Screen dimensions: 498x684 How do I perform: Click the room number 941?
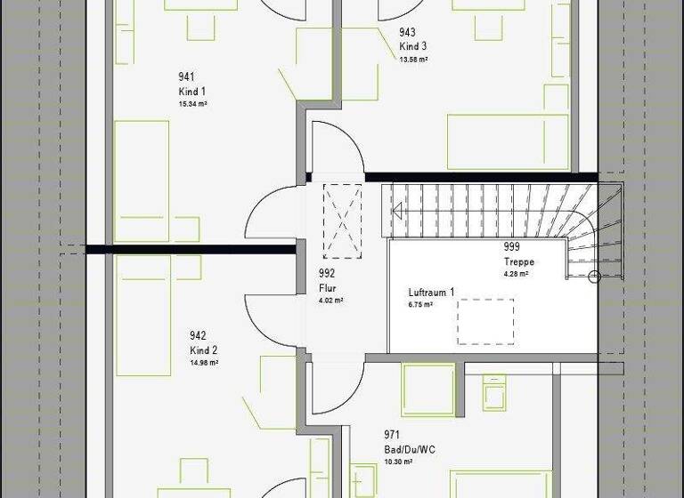click(187, 77)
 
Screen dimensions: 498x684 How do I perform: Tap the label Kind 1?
click(191, 91)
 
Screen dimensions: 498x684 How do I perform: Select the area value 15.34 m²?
click(193, 103)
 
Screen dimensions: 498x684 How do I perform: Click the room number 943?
click(407, 33)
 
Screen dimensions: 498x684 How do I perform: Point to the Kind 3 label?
click(413, 46)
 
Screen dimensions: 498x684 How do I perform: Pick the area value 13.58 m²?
click(413, 59)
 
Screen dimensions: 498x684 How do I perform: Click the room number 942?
click(198, 336)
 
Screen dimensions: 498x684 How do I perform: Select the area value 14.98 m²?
click(204, 363)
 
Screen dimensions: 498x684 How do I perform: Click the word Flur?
click(327, 288)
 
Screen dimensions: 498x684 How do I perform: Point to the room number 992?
click(327, 274)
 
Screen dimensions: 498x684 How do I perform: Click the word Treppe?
click(517, 262)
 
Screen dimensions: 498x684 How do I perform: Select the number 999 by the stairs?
click(511, 247)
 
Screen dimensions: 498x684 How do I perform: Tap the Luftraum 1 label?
click(431, 293)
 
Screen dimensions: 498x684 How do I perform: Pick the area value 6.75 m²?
click(420, 305)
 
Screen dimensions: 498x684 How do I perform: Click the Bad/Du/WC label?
click(409, 449)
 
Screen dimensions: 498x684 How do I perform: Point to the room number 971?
click(391, 435)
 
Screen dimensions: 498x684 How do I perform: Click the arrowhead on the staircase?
click(397, 211)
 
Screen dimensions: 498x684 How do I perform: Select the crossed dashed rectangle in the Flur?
click(342, 220)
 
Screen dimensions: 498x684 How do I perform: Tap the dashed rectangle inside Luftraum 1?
click(485, 322)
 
